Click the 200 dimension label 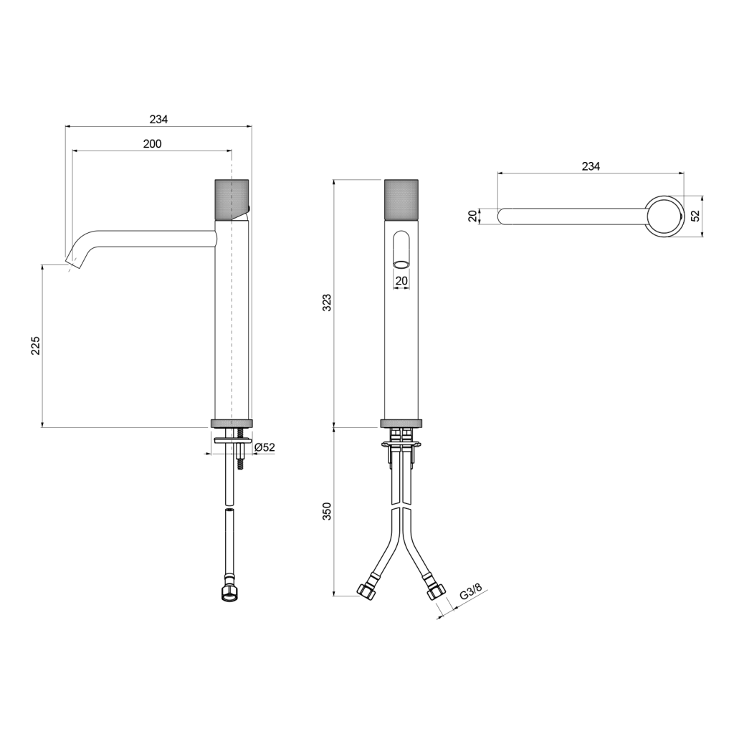pos(152,143)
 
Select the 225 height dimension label pos(36,345)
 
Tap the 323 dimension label pos(327,302)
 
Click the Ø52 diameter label pos(264,447)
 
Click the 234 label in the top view pos(591,166)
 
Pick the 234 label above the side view pos(158,120)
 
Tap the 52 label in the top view pos(695,216)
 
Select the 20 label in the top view pos(473,216)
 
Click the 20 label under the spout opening pos(401,281)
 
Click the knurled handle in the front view pos(401,199)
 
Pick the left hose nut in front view pos(366,591)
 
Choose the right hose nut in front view pos(435,591)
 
